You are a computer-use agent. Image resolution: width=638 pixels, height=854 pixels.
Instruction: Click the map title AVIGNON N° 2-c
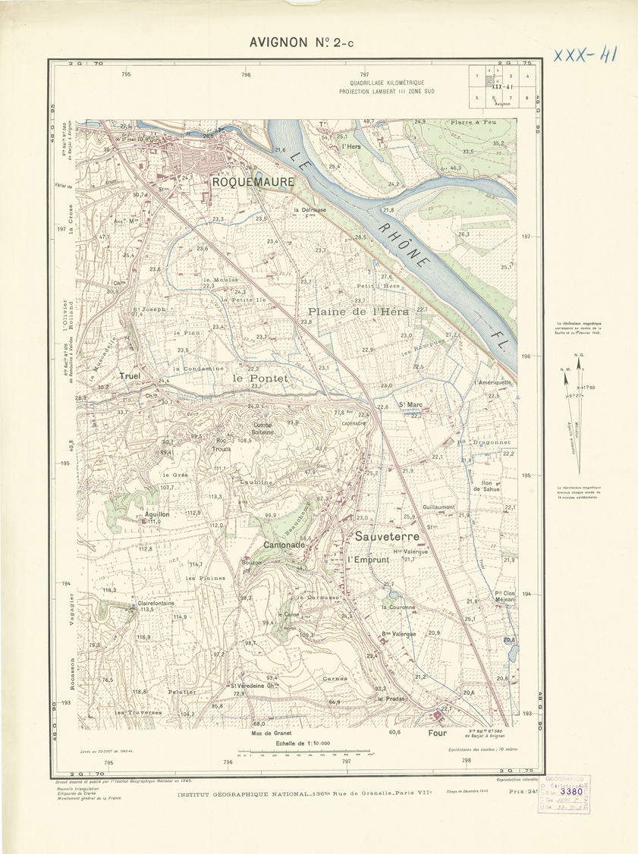pos(301,43)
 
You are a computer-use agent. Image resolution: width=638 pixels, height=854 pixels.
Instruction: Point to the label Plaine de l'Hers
pos(358,312)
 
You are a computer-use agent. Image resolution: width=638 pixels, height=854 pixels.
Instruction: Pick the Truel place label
pos(132,375)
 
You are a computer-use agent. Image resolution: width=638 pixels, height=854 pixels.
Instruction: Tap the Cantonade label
pos(284,545)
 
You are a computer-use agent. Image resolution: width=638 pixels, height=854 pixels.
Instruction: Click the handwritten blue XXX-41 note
pos(584,55)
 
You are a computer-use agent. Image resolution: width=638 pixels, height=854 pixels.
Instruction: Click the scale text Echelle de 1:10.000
pos(304,743)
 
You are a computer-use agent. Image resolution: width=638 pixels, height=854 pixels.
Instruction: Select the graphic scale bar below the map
pos(305,754)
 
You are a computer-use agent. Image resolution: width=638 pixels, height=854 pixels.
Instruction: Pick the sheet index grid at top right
pos(500,86)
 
